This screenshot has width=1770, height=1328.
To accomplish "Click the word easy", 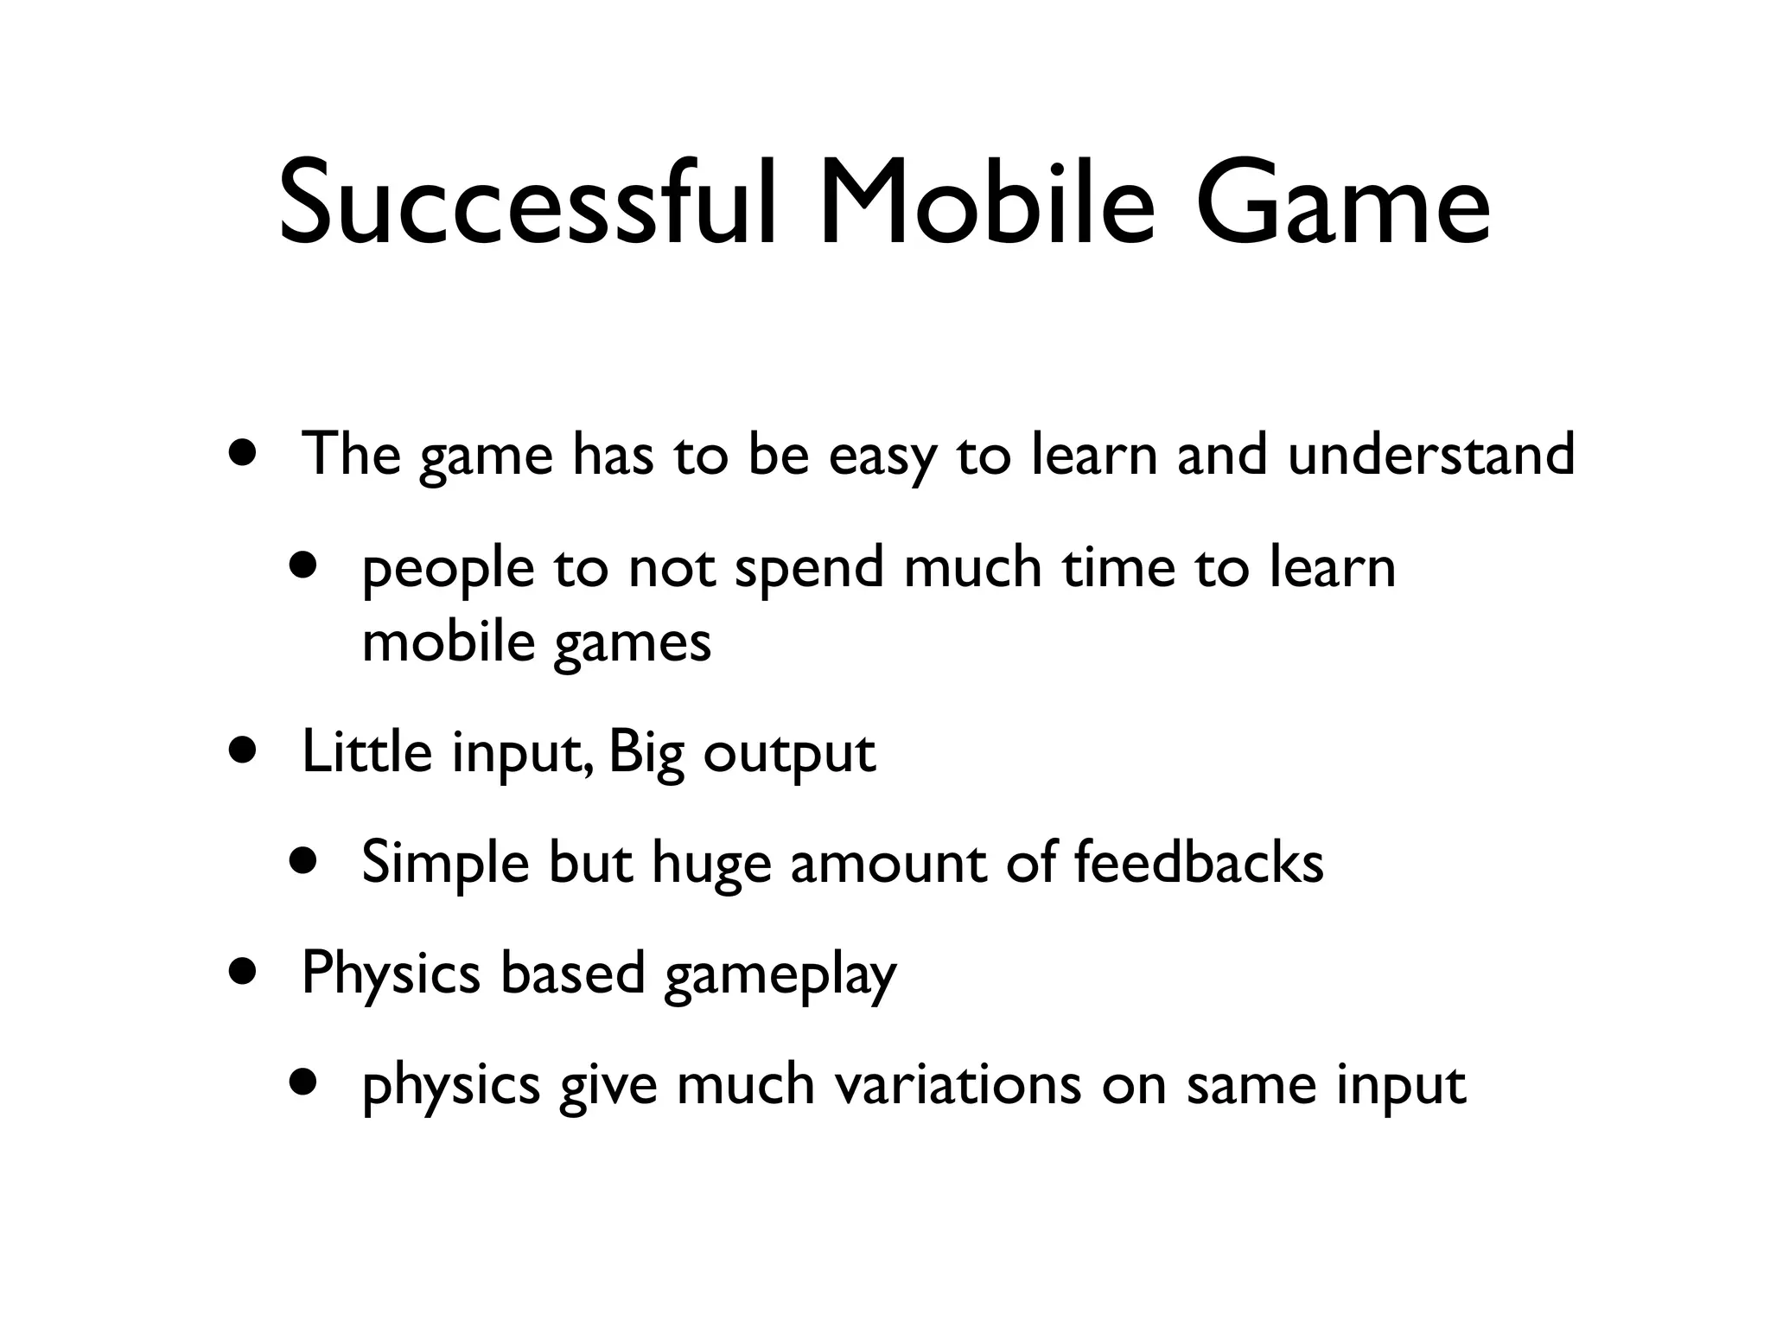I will [882, 456].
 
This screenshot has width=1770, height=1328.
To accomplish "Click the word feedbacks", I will [1198, 862].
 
